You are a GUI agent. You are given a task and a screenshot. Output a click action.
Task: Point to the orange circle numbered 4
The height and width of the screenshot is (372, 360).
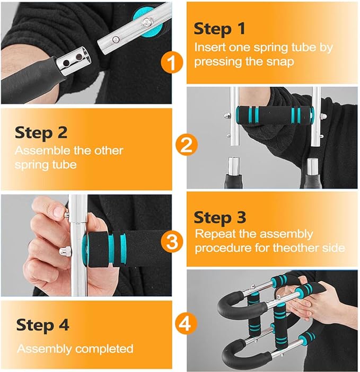point(186,323)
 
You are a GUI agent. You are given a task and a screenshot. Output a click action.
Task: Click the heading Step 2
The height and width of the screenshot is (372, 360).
point(41,132)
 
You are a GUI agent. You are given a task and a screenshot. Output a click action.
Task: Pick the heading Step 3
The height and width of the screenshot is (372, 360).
point(219,217)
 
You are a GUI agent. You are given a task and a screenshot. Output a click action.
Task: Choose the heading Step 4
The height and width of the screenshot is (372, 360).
point(42,325)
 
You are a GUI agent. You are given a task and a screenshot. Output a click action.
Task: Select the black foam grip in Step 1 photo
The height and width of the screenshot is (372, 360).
point(32,79)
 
